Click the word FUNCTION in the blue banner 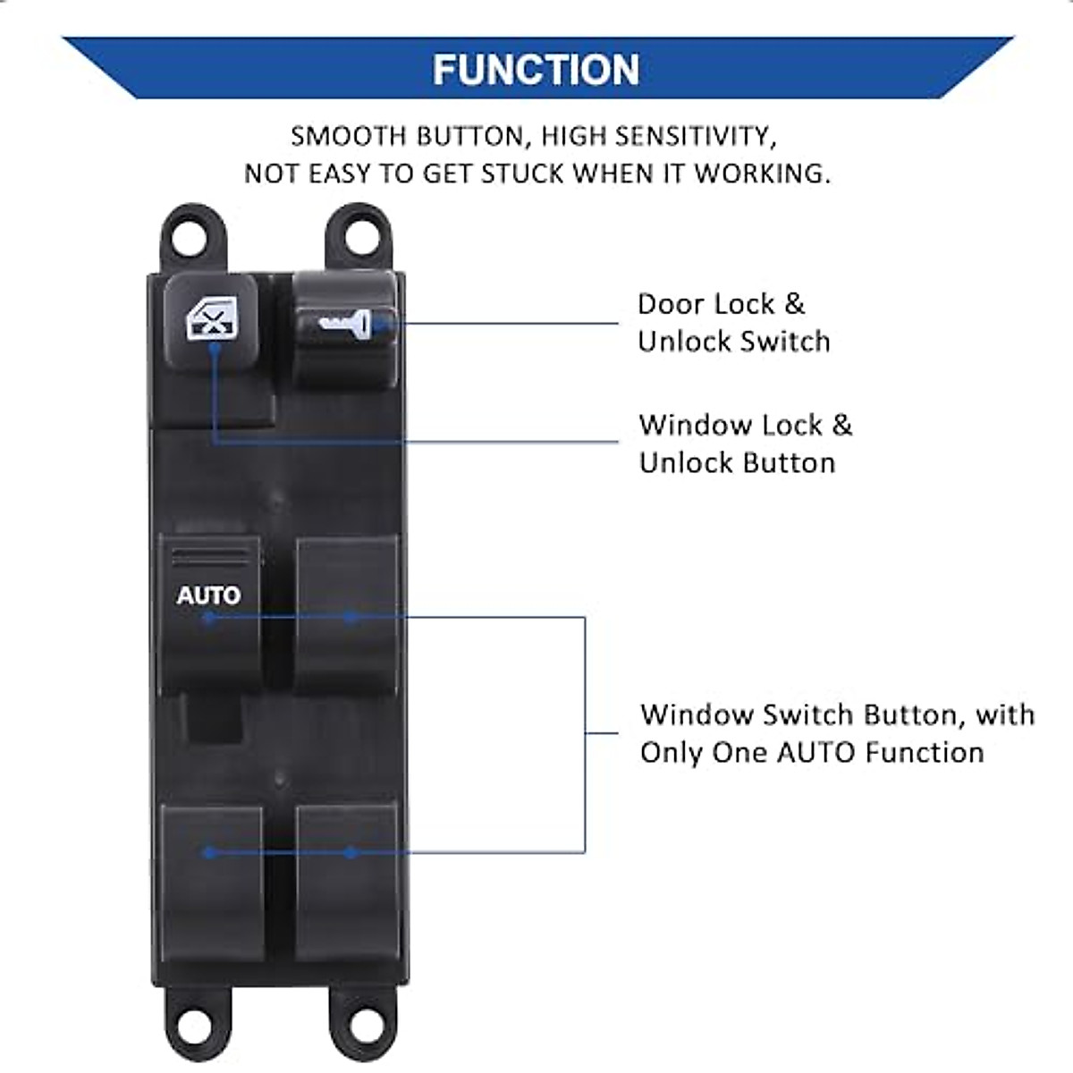536,70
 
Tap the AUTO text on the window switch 208,596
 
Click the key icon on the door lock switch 345,323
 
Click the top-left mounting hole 191,233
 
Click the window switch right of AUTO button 347,615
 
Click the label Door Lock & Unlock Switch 733,323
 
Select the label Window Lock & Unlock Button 745,444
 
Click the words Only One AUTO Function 812,753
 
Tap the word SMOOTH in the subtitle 347,137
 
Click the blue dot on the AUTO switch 208,617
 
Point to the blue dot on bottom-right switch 351,852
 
